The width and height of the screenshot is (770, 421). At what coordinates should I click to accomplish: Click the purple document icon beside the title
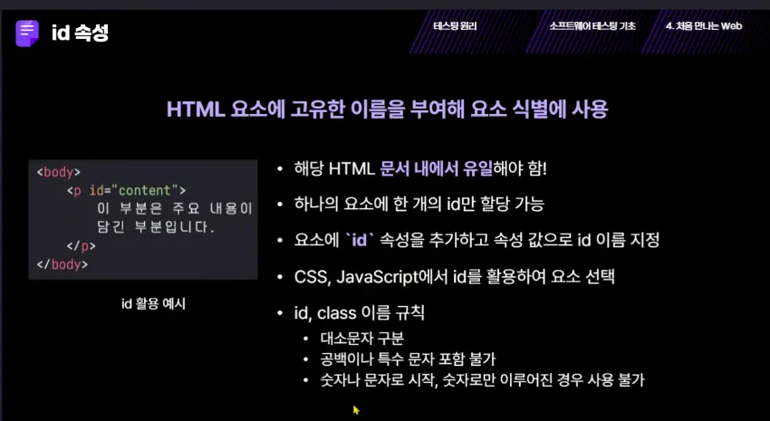click(x=27, y=33)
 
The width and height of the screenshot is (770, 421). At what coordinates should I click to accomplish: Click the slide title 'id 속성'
click(x=80, y=33)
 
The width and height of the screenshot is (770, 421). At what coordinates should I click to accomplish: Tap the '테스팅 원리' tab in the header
click(x=455, y=26)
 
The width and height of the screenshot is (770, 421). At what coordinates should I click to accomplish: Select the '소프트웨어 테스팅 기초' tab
click(x=592, y=26)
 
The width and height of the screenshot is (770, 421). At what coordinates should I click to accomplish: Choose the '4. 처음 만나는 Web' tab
click(x=704, y=26)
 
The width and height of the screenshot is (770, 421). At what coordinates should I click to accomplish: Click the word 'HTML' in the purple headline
click(x=196, y=109)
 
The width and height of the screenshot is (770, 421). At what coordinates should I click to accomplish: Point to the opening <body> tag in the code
click(x=59, y=172)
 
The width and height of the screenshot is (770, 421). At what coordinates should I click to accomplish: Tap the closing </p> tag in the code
click(x=81, y=246)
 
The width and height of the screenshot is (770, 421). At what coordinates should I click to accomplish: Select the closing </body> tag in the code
click(x=63, y=264)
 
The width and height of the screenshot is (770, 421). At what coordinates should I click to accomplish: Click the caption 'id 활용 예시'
click(x=153, y=303)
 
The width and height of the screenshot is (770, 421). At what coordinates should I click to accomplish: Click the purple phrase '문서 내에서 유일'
click(x=436, y=168)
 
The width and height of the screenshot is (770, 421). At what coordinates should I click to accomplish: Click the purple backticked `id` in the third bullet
click(x=360, y=241)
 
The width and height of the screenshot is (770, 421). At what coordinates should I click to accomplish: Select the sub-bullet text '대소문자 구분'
click(x=362, y=338)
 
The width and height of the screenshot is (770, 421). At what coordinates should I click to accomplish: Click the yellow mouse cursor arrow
click(x=357, y=410)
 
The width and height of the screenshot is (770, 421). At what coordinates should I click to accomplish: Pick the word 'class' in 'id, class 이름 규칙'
click(x=336, y=312)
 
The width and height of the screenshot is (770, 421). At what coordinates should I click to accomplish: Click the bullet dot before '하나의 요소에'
click(x=280, y=205)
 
